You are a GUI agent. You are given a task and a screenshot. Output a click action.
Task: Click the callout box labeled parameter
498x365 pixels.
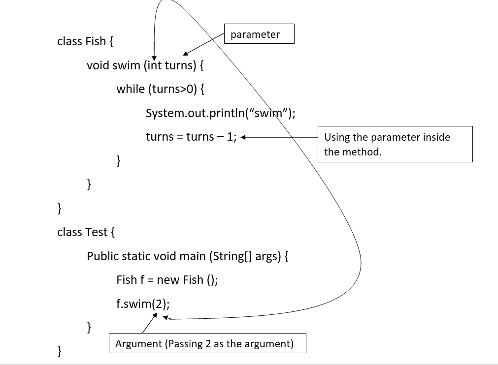coord(259,34)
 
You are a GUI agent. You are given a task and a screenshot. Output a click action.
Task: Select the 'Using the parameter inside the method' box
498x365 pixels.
coord(396,144)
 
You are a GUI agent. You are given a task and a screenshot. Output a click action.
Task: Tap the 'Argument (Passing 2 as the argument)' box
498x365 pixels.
coord(207,343)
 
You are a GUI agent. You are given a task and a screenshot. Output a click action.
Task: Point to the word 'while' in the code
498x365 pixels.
coord(131,89)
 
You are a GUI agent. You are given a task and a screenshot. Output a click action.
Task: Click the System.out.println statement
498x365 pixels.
coord(220,113)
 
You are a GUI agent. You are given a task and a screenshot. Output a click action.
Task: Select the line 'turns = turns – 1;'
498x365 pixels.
coord(191,137)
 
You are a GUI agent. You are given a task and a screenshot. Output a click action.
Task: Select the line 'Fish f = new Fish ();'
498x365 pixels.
coord(167,280)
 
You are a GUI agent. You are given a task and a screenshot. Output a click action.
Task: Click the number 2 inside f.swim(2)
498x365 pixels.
coord(157,304)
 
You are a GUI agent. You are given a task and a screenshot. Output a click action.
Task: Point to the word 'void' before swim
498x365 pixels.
coord(98,65)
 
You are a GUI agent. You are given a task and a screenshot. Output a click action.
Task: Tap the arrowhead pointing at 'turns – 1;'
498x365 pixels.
coord(243,137)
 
